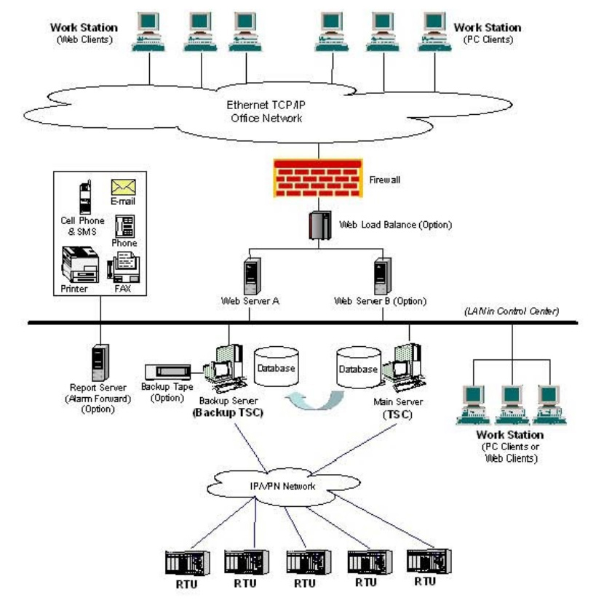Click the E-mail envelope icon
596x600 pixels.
120,187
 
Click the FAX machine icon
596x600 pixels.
123,268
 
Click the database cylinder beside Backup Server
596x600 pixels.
277,367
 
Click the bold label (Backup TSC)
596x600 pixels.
229,412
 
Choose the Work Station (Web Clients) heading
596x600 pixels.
84,33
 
